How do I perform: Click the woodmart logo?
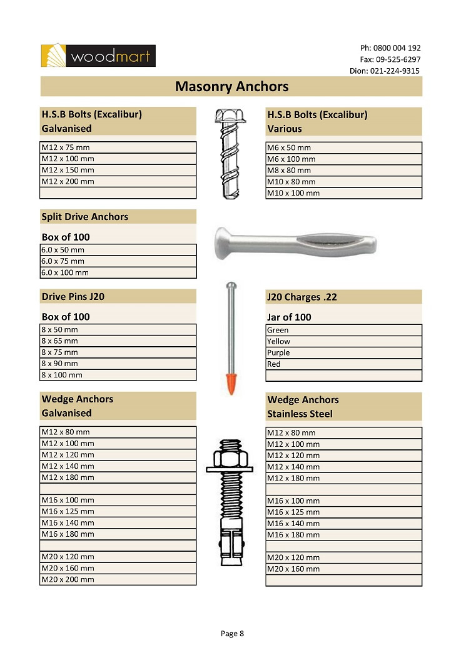(x=98, y=56)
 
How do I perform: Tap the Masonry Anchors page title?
(x=231, y=86)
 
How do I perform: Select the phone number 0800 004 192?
(x=397, y=48)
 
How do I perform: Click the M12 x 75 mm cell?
(x=118, y=147)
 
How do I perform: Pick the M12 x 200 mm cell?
(x=118, y=181)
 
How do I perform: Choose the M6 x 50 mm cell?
(x=343, y=148)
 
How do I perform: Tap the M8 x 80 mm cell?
(x=343, y=171)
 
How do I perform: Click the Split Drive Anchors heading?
(x=85, y=217)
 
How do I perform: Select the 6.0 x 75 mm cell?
(x=118, y=261)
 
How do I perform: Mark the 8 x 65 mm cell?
(x=118, y=341)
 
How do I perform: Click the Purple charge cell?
(x=343, y=353)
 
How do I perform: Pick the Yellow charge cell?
(x=343, y=342)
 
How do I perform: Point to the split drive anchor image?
(x=294, y=239)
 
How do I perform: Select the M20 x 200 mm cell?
(x=118, y=579)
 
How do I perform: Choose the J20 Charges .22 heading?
(x=302, y=297)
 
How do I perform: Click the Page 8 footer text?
(x=232, y=634)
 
